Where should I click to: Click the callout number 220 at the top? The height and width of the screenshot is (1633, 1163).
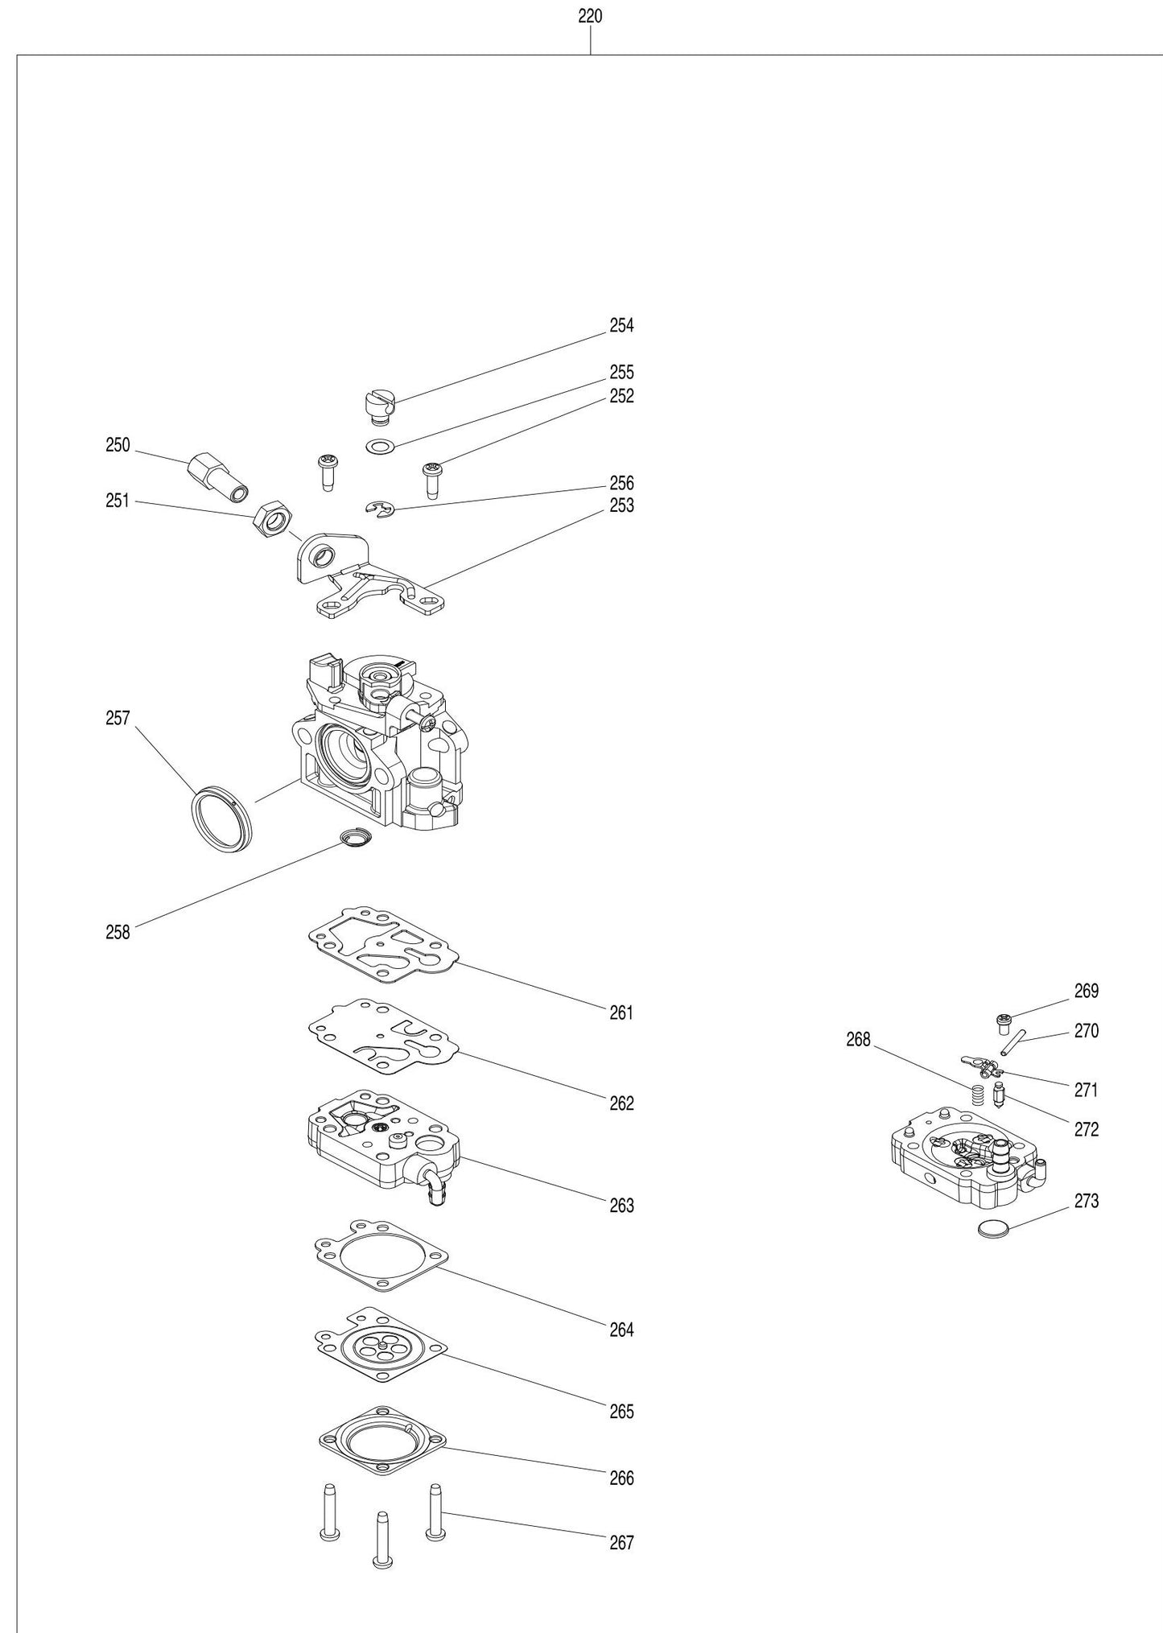590,16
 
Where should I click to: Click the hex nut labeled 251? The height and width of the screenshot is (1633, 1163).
273,521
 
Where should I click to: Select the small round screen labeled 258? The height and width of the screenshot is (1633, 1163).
354,839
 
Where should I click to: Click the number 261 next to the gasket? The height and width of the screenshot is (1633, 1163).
621,1012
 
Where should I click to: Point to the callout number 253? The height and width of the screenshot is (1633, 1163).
621,505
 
